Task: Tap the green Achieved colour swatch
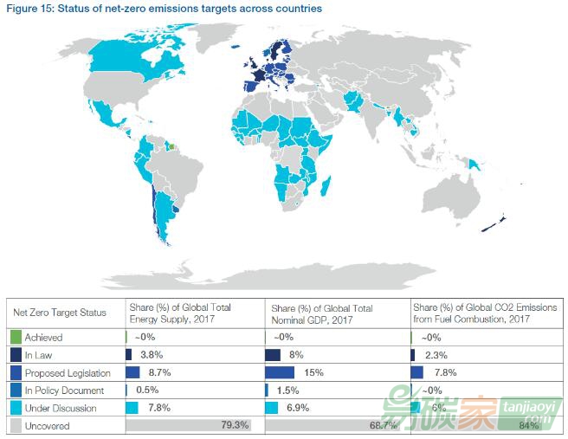(x=15, y=336)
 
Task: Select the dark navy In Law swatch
(x=15, y=354)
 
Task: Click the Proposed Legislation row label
(x=68, y=372)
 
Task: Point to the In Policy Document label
(x=65, y=391)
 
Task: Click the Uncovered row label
(x=47, y=426)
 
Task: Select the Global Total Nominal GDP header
(x=322, y=313)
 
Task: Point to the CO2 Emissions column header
(x=485, y=313)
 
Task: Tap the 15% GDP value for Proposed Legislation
(x=313, y=372)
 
